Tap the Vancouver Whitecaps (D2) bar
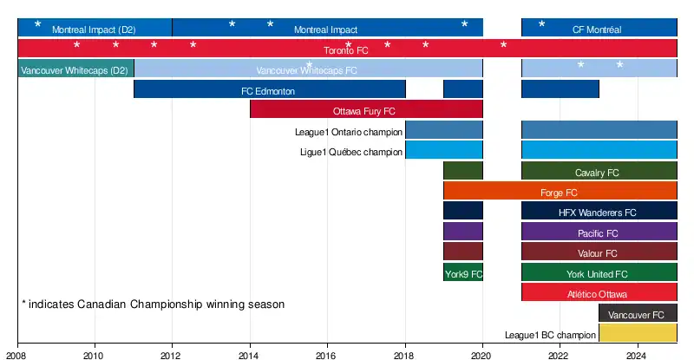[x=75, y=69]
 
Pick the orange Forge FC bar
[x=560, y=191]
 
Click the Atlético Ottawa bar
[x=599, y=293]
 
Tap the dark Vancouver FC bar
[x=638, y=313]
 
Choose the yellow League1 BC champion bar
[x=638, y=333]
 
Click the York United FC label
[x=597, y=274]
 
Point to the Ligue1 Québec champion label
[x=350, y=152]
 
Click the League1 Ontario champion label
[x=349, y=132]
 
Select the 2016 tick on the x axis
[x=327, y=355]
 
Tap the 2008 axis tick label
[x=17, y=355]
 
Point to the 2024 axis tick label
[x=638, y=355]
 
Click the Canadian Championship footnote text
[x=153, y=304]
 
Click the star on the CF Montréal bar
[x=542, y=23]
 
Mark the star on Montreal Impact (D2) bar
[x=37, y=23]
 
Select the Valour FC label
[x=597, y=253]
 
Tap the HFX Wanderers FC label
[x=597, y=213]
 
